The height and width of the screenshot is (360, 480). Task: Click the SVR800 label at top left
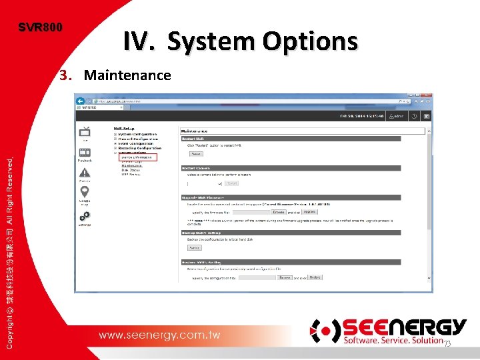(x=41, y=28)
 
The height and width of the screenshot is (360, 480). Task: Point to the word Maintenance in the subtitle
(x=127, y=75)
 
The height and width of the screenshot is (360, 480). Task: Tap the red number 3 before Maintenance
(x=64, y=75)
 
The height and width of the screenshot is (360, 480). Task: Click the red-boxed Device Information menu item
(x=137, y=157)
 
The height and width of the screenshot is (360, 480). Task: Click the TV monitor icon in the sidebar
(x=85, y=131)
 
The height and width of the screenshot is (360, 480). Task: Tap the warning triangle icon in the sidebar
(x=85, y=173)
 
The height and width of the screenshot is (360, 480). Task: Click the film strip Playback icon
(x=85, y=153)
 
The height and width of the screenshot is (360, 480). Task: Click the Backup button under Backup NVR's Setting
(x=194, y=247)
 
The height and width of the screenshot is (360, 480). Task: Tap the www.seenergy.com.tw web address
(x=159, y=335)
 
